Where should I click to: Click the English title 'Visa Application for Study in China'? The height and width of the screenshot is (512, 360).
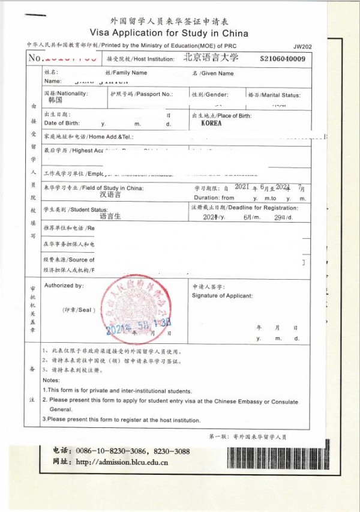(169, 33)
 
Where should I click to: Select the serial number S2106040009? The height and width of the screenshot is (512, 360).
(283, 58)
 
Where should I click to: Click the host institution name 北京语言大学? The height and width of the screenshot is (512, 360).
(211, 58)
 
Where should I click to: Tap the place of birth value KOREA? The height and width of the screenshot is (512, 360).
(212, 123)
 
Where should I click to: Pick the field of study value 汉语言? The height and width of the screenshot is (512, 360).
(110, 195)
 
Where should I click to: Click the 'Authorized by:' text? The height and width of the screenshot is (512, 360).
(64, 286)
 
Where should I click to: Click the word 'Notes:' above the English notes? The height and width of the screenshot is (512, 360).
(52, 381)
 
